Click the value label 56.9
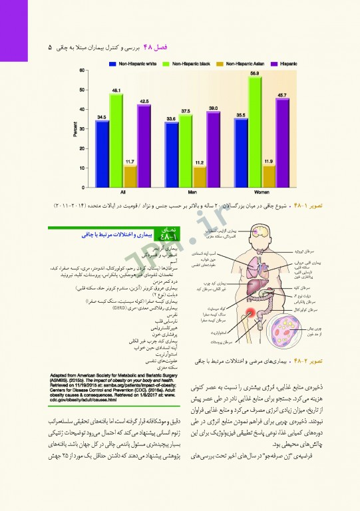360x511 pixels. click(254, 73)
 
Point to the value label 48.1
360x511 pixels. click(116, 90)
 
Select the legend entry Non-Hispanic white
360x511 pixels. click(132, 63)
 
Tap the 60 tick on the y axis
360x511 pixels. click(82, 71)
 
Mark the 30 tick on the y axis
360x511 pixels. click(82, 129)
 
